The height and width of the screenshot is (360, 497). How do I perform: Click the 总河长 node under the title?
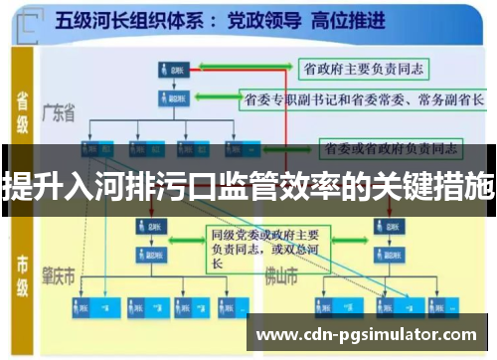[x=168, y=70]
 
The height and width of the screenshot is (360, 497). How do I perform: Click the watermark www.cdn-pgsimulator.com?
[x=368, y=333]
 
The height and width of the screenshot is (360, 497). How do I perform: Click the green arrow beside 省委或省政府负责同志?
[x=298, y=148]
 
